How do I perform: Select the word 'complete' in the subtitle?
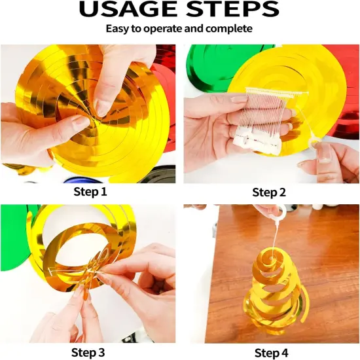click(x=229, y=29)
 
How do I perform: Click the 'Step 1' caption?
click(x=90, y=192)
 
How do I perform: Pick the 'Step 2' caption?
click(x=269, y=192)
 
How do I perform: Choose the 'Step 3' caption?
click(x=88, y=352)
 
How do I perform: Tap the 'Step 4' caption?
click(x=272, y=352)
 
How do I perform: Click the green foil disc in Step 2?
click(x=207, y=67)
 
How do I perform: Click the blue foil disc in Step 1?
click(x=82, y=179)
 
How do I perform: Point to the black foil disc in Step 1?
click(x=158, y=175)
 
